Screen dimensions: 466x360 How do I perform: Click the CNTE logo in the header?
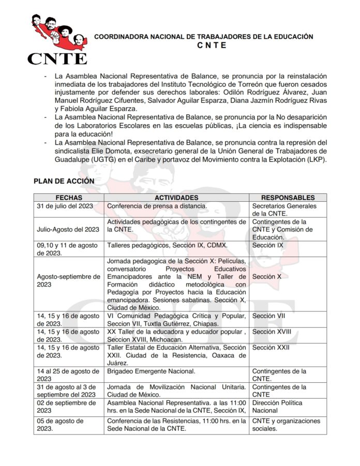[58, 39]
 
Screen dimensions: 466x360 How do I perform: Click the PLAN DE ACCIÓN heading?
[64, 181]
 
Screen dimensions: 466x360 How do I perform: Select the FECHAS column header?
[69, 198]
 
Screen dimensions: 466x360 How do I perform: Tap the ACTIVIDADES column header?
[176, 198]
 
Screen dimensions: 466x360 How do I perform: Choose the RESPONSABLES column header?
[288, 198]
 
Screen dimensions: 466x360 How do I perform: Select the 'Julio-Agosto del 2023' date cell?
[68, 229]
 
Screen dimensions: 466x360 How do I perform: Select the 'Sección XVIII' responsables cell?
[271, 331]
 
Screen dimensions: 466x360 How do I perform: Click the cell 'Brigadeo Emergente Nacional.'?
[151, 371]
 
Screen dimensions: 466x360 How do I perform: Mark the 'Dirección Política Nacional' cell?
[277, 407]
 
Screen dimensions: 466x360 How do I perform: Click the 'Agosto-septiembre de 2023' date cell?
[68, 280]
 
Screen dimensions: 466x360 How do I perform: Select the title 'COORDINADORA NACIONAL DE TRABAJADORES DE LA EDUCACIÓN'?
[204, 37]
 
